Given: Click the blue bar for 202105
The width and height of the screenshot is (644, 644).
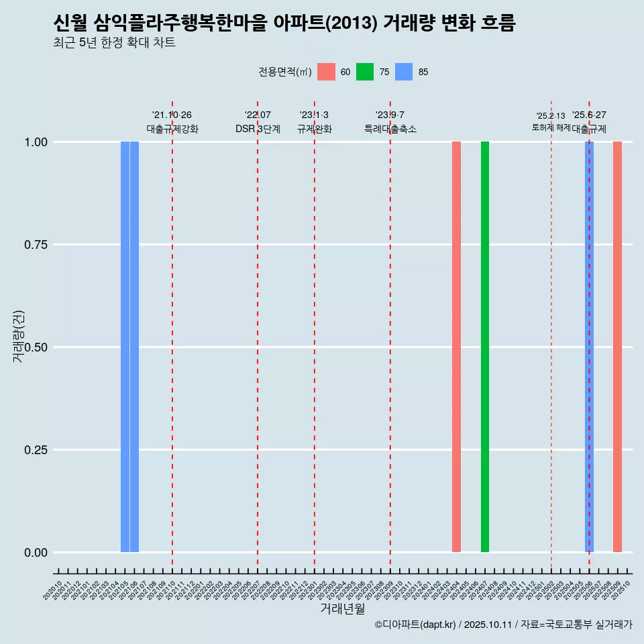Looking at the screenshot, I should pyautogui.click(x=125, y=347).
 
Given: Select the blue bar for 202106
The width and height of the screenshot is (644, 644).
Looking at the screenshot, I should pyautogui.click(x=134, y=347).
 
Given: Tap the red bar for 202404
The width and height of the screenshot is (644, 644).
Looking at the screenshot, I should pyautogui.click(x=456, y=347).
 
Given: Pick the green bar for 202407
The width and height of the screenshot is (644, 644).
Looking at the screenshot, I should pyautogui.click(x=485, y=347).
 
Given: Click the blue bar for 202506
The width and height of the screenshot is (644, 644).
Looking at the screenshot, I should pyautogui.click(x=589, y=347).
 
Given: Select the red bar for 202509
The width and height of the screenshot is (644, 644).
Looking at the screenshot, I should pyautogui.click(x=617, y=347).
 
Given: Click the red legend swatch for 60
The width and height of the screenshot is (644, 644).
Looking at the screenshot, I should pyautogui.click(x=326, y=72).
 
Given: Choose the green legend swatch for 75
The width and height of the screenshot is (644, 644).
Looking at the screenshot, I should pyautogui.click(x=365, y=72).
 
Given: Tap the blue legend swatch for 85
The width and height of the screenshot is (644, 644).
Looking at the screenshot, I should pyautogui.click(x=404, y=72).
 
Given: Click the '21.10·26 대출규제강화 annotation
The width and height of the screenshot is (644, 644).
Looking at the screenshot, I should pyautogui.click(x=172, y=122).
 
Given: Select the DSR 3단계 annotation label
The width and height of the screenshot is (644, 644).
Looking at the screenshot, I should pyautogui.click(x=258, y=129).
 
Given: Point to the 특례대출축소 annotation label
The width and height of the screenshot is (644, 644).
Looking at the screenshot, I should pyautogui.click(x=390, y=129).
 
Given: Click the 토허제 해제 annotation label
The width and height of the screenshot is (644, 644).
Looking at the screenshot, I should pyautogui.click(x=551, y=127).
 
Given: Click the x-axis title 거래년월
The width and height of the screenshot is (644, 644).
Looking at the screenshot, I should pyautogui.click(x=342, y=609).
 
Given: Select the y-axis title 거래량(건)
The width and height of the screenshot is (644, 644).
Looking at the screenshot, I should pyautogui.click(x=19, y=335).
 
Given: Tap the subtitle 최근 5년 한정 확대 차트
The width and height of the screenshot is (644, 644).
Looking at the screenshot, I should pyautogui.click(x=114, y=43).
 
